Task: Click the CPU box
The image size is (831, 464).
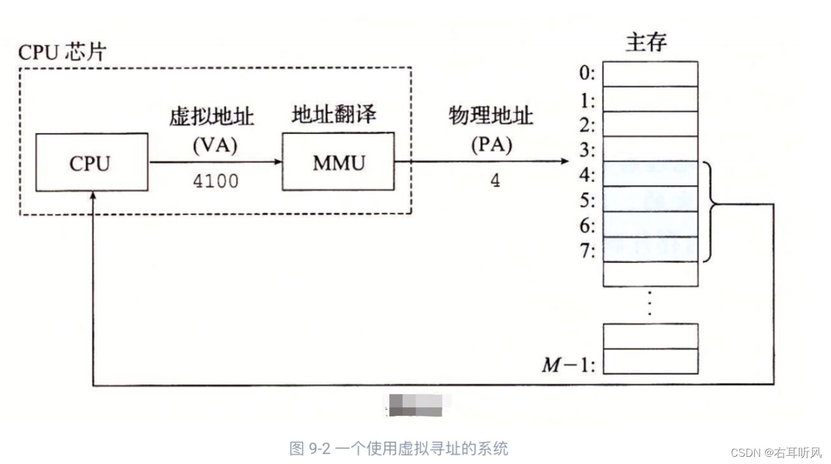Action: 91,162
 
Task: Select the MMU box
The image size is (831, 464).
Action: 338,161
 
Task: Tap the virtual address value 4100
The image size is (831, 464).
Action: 216,181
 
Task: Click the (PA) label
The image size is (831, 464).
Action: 491,146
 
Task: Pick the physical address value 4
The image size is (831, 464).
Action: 495,181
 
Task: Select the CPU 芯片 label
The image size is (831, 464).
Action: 62,52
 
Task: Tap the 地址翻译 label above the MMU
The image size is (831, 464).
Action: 334,114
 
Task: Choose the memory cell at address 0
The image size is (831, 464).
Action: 650,74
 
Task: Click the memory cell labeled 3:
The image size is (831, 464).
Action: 650,149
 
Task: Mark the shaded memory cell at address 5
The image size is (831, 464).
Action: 650,199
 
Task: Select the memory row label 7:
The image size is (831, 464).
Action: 587,251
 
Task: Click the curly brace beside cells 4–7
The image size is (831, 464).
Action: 710,211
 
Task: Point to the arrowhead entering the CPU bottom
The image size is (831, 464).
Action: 92,197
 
